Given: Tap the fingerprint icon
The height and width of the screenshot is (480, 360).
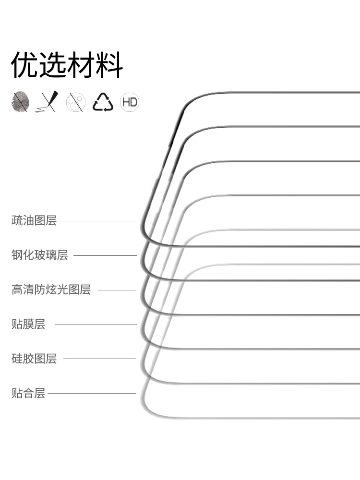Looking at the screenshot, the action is click(x=20, y=102).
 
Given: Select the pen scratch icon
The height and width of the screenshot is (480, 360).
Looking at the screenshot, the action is click(x=47, y=102).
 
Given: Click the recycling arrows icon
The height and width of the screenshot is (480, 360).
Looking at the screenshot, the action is click(x=102, y=102).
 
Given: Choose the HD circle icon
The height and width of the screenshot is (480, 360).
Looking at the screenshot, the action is click(x=130, y=102).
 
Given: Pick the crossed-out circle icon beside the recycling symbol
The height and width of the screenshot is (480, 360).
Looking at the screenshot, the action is click(x=75, y=102).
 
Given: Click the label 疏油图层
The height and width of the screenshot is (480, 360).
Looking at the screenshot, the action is click(x=34, y=221).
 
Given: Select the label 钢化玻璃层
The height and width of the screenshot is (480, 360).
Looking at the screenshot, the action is click(x=40, y=255).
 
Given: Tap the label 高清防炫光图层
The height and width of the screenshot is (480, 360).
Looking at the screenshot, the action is click(x=51, y=290).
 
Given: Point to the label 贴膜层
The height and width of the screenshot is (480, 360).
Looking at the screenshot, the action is click(x=28, y=324).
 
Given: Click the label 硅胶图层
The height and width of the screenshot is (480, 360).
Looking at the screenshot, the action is click(x=34, y=359).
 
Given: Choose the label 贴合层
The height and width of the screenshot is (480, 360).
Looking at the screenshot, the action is click(x=28, y=394).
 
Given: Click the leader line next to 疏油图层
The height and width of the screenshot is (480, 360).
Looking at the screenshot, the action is click(x=98, y=221).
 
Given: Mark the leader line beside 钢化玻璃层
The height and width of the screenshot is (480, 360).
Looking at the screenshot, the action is click(x=105, y=255).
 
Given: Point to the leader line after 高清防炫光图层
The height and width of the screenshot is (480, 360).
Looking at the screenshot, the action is click(x=117, y=290).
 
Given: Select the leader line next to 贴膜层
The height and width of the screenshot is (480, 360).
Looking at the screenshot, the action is click(x=96, y=324).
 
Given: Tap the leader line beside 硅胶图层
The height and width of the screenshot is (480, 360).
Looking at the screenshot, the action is click(x=100, y=359).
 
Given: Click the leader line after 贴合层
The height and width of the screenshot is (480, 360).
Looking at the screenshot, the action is click(x=92, y=394).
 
